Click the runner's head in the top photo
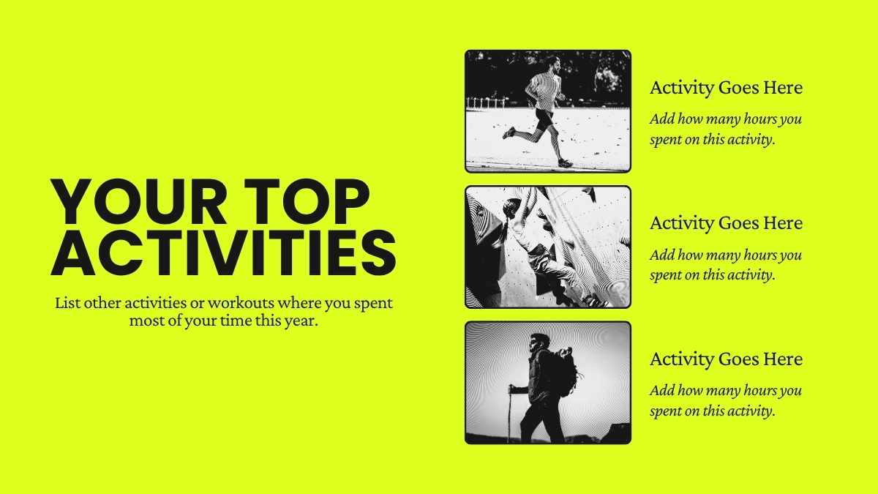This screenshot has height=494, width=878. coord(553,64)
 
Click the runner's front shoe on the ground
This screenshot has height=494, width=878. coord(565,162)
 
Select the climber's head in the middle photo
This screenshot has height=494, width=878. coord(513,206)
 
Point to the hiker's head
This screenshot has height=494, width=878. coord(539,343)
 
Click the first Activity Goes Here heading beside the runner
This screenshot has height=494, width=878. coord(726,88)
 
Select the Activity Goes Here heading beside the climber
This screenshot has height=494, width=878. coord(726,223)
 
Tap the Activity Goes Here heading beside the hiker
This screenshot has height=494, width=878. coord(726,359)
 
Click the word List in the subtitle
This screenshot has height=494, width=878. coord(67,303)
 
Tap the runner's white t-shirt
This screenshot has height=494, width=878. coord(543,90)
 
